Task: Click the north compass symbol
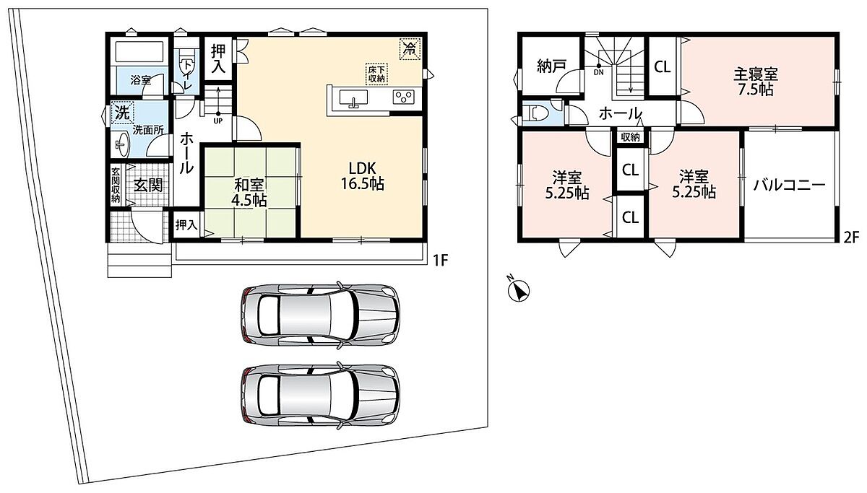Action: tap(519, 289)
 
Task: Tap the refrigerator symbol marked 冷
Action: tap(409, 49)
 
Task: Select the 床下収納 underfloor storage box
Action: tap(376, 74)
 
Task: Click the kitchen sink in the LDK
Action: tap(353, 98)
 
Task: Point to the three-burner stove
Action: tap(404, 96)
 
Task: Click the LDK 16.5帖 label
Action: tap(362, 176)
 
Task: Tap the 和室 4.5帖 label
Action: tap(249, 193)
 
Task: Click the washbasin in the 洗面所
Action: tap(121, 144)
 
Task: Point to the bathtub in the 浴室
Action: tap(140, 51)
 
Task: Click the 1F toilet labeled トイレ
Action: tap(186, 70)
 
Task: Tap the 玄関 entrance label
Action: tap(148, 186)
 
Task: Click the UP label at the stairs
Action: tap(218, 121)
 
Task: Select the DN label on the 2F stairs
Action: tap(598, 72)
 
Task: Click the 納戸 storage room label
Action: tap(551, 66)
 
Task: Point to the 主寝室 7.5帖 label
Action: tap(755, 82)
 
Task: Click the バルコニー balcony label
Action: tap(789, 186)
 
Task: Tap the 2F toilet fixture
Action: tap(535, 113)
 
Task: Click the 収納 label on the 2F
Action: tap(630, 137)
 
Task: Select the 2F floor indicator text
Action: tap(852, 237)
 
